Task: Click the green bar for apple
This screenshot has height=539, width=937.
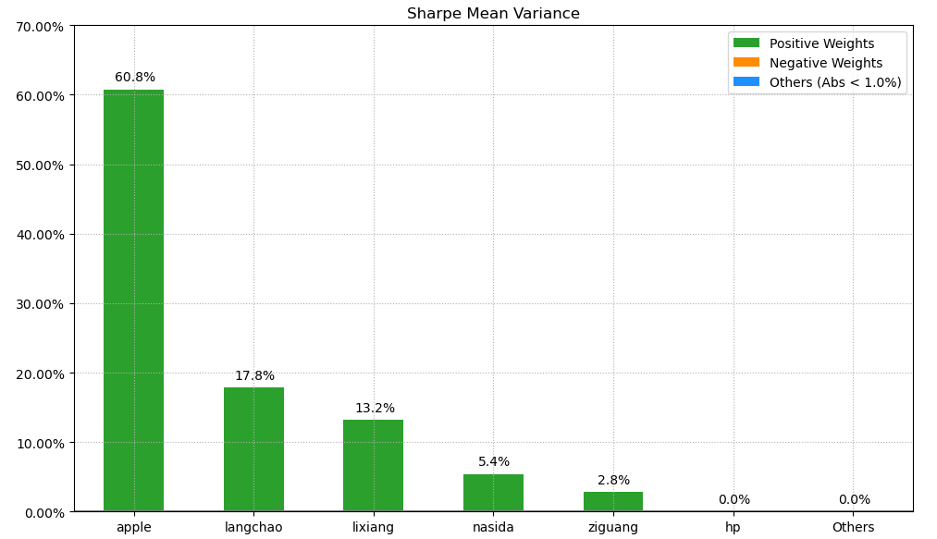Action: (x=133, y=300)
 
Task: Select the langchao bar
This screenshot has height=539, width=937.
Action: (x=253, y=448)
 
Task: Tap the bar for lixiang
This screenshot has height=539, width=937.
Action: (x=373, y=465)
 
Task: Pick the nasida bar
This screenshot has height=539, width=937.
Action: (x=493, y=492)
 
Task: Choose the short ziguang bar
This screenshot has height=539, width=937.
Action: (x=612, y=501)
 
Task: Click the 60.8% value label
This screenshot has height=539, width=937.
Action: (x=135, y=78)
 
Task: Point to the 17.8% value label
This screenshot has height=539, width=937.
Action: (x=254, y=376)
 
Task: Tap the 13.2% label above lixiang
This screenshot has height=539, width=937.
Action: (x=375, y=409)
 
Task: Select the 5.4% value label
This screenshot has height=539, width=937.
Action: (x=494, y=462)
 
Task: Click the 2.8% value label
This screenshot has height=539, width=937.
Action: (x=613, y=481)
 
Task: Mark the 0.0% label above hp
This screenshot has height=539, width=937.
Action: (x=734, y=500)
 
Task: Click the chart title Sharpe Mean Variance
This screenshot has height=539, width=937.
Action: (x=493, y=14)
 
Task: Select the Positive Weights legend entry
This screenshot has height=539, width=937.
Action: (x=821, y=43)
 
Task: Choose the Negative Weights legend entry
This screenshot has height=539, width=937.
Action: (x=825, y=63)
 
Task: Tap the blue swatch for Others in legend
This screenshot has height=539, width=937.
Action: (x=746, y=82)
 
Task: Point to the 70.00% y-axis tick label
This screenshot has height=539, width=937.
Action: (x=41, y=27)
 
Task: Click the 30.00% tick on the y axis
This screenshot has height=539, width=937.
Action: (x=41, y=304)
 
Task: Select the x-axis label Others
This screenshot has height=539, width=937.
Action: (x=853, y=528)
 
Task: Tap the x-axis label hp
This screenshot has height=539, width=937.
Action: (x=733, y=528)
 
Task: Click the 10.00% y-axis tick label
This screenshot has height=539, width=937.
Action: (x=41, y=443)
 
